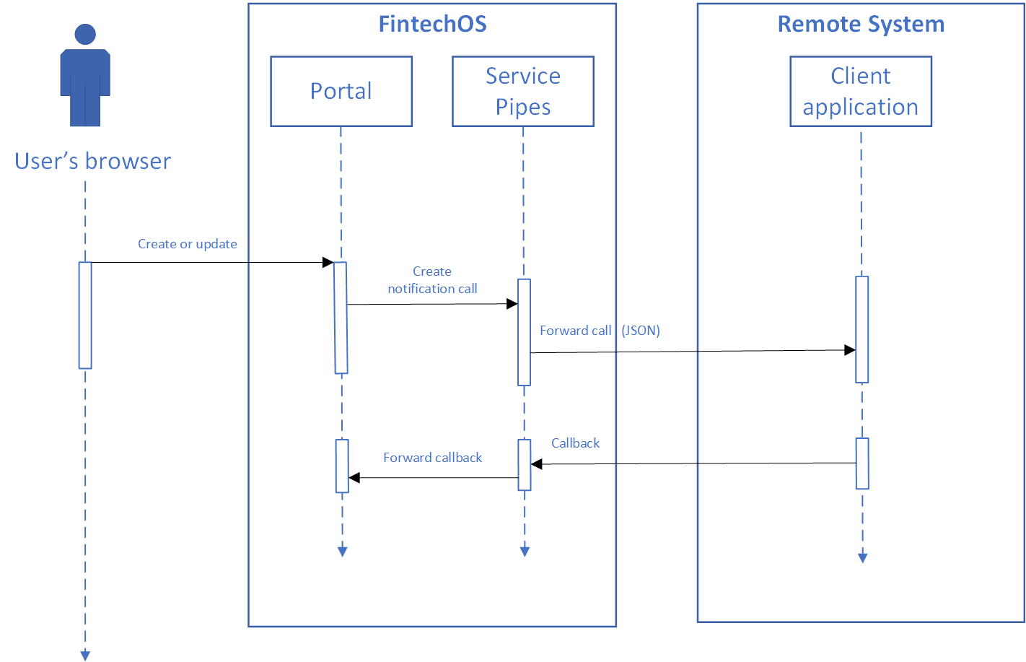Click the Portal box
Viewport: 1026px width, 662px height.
341,92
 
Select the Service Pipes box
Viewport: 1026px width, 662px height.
523,92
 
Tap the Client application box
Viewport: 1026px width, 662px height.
861,92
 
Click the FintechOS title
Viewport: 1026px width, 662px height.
432,24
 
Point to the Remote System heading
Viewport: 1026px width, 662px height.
861,24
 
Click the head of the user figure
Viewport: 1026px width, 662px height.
85,34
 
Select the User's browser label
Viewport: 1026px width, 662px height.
92,161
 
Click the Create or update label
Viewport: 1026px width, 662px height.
188,244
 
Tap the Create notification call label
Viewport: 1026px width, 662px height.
432,280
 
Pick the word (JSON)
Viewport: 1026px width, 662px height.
641,331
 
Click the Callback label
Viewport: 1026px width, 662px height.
575,443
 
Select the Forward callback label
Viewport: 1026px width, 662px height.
432,458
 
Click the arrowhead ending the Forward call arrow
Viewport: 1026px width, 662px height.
851,350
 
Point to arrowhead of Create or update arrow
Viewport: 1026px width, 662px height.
328,263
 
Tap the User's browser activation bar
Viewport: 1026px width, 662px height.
85,315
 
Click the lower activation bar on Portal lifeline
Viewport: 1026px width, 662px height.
342,466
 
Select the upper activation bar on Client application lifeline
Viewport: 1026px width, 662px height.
861,329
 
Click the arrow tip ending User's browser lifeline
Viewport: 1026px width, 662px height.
85,656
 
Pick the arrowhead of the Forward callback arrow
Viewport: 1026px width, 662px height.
354,478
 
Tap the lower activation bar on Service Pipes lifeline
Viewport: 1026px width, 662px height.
525,465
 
